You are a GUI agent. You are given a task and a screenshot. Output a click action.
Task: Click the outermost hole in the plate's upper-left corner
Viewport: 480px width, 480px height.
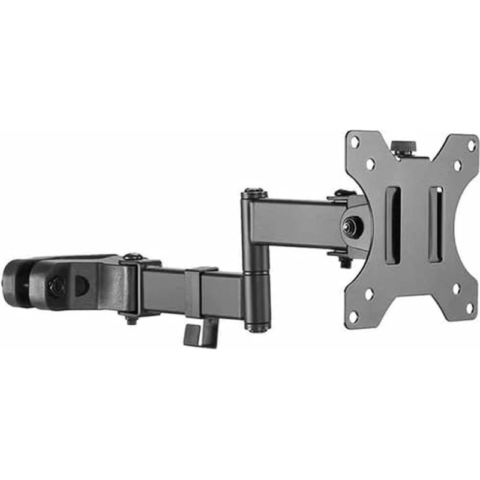click(x=355, y=142)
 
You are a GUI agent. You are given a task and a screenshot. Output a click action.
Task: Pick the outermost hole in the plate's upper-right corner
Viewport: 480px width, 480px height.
click(x=471, y=145)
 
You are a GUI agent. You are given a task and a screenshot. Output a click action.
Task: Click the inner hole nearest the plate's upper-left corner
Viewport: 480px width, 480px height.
click(x=371, y=163)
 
